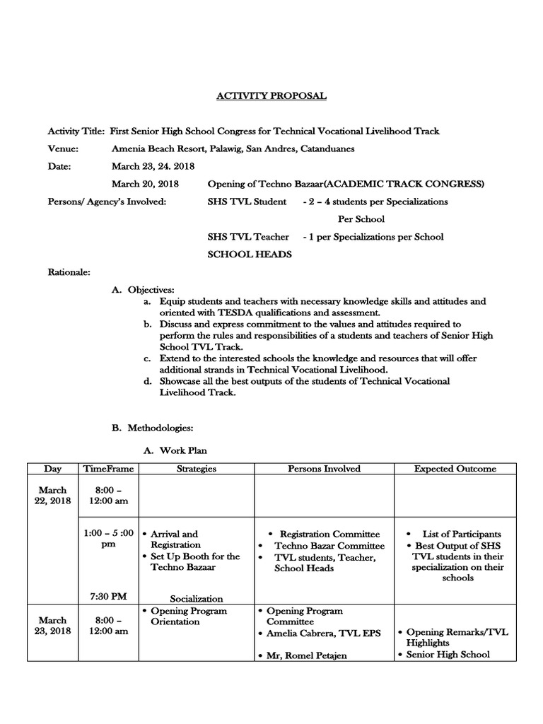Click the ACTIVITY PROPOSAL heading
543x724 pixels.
tap(272, 96)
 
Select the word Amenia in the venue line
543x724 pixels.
tap(127, 148)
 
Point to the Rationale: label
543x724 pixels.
tap(69, 271)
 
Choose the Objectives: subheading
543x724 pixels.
tap(151, 290)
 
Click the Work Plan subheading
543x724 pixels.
tap(183, 450)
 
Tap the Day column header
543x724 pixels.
tap(52, 469)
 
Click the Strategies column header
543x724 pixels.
tap(196, 469)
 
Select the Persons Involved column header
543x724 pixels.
tap(324, 469)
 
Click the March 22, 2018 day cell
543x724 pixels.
tap(53, 496)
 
